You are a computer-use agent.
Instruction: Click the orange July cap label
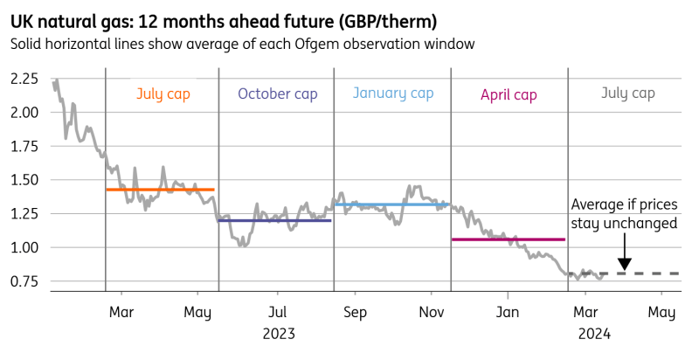pos(162,93)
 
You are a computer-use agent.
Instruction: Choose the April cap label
pos(509,93)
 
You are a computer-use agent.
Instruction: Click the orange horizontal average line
pos(160,190)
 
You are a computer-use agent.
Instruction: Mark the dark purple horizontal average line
pos(274,220)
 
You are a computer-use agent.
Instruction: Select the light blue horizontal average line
pos(392,204)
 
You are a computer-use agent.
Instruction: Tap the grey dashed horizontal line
pos(638,273)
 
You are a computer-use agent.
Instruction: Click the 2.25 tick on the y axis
pos(24,80)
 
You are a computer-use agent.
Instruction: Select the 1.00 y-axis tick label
pos(24,248)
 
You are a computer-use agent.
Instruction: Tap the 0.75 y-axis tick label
pos(24,281)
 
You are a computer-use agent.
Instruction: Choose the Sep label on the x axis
pos(355,312)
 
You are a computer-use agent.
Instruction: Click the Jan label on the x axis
pos(509,312)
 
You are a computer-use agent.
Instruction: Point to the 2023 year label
pos(277,333)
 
